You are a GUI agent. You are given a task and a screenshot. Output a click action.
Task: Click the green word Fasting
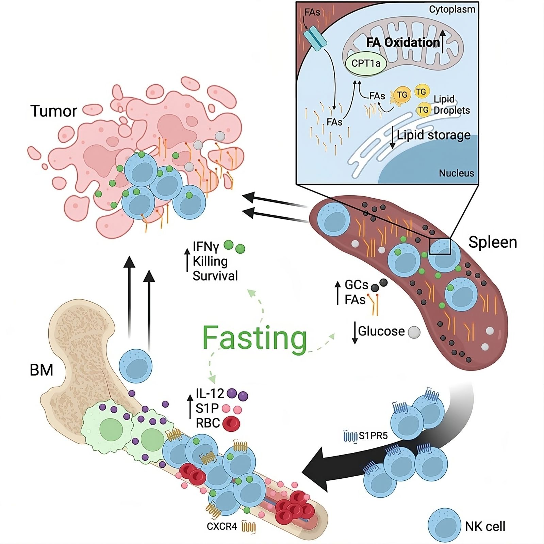click(255, 338)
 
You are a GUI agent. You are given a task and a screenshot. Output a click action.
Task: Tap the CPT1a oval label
click(366, 63)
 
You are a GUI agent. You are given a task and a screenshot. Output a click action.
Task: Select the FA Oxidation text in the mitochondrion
click(403, 43)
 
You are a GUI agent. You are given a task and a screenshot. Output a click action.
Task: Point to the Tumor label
click(54, 111)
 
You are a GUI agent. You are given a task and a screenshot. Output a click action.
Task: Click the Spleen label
click(493, 242)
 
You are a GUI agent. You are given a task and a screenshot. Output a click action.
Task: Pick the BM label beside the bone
click(42, 370)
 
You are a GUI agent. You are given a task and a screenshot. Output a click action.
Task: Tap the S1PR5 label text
click(374, 435)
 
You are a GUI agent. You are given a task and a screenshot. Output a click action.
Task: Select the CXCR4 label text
click(222, 526)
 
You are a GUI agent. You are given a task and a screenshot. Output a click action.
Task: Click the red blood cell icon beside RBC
click(231, 424)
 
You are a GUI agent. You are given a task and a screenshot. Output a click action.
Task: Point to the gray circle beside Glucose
click(414, 332)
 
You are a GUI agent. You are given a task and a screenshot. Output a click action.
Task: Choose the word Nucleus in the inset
click(456, 173)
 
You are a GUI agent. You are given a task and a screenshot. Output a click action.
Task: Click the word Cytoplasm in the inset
click(452, 9)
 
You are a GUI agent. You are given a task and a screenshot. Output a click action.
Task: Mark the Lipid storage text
click(434, 135)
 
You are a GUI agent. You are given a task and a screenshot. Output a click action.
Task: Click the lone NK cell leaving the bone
click(135, 366)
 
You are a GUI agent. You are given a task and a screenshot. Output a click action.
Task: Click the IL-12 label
click(210, 394)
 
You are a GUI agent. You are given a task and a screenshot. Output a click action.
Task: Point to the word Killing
click(210, 261)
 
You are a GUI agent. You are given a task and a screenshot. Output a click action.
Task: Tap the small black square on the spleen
click(440, 246)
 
